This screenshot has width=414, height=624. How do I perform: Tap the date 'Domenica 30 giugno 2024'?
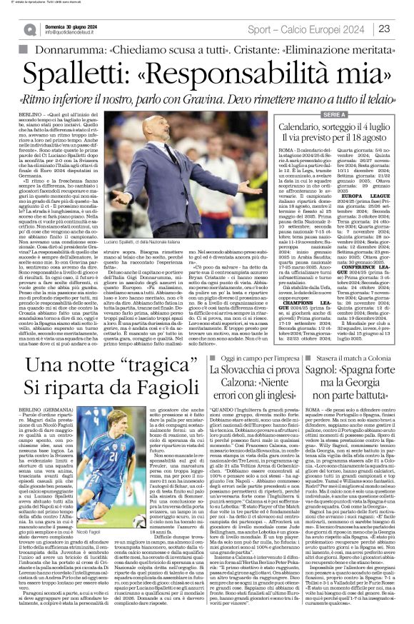pyautogui.click(x=70, y=25)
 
